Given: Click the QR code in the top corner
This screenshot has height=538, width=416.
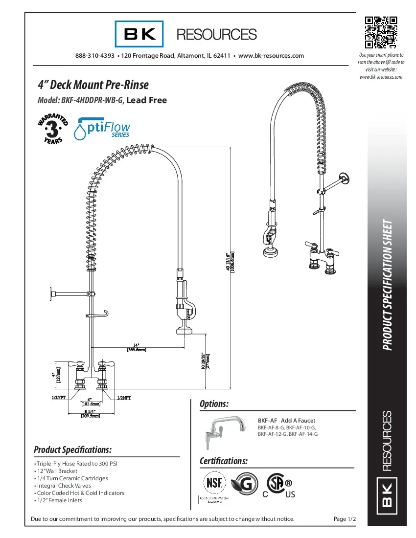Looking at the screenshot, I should click(x=381, y=33).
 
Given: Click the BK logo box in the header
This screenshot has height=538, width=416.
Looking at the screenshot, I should click(x=139, y=34).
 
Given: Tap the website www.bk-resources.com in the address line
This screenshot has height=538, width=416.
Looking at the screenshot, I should click(x=271, y=56).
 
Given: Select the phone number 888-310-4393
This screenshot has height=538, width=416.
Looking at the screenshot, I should click(x=95, y=56).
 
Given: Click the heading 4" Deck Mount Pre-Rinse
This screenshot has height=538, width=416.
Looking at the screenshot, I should click(x=93, y=85).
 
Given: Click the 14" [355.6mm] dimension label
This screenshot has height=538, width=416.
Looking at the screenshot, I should click(x=137, y=347).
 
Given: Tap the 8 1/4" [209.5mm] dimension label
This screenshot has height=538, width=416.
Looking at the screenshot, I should click(x=90, y=413).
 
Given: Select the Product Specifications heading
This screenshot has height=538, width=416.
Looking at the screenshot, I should click(x=72, y=449).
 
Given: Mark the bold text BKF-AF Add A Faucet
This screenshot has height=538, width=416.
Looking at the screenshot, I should click(x=286, y=421).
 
